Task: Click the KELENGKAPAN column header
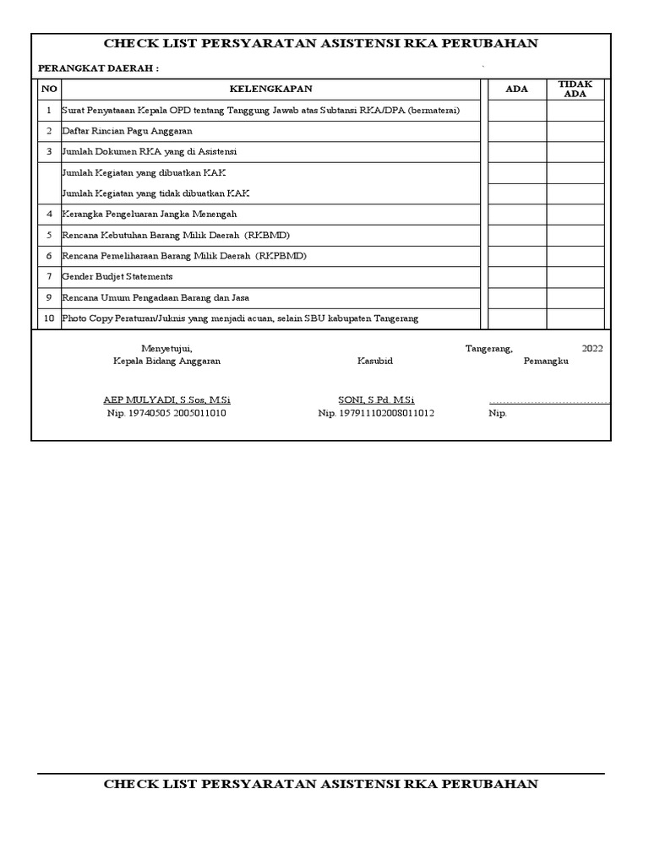click(271, 89)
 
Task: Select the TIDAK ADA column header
click(575, 89)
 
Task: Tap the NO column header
click(49, 89)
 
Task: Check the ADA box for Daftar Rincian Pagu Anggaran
click(516, 131)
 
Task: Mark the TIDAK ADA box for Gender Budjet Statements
click(575, 276)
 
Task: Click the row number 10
click(49, 318)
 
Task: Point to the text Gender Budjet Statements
click(117, 276)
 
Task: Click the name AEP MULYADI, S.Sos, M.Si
click(166, 400)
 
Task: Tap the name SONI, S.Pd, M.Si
click(376, 400)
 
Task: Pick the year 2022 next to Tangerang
click(592, 347)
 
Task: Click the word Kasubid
click(374, 361)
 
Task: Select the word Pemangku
click(546, 361)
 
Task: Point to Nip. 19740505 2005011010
click(166, 413)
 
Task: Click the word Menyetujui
click(166, 347)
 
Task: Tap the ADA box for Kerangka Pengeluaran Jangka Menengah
click(516, 215)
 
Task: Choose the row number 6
click(49, 256)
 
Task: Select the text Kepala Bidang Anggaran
click(166, 361)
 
